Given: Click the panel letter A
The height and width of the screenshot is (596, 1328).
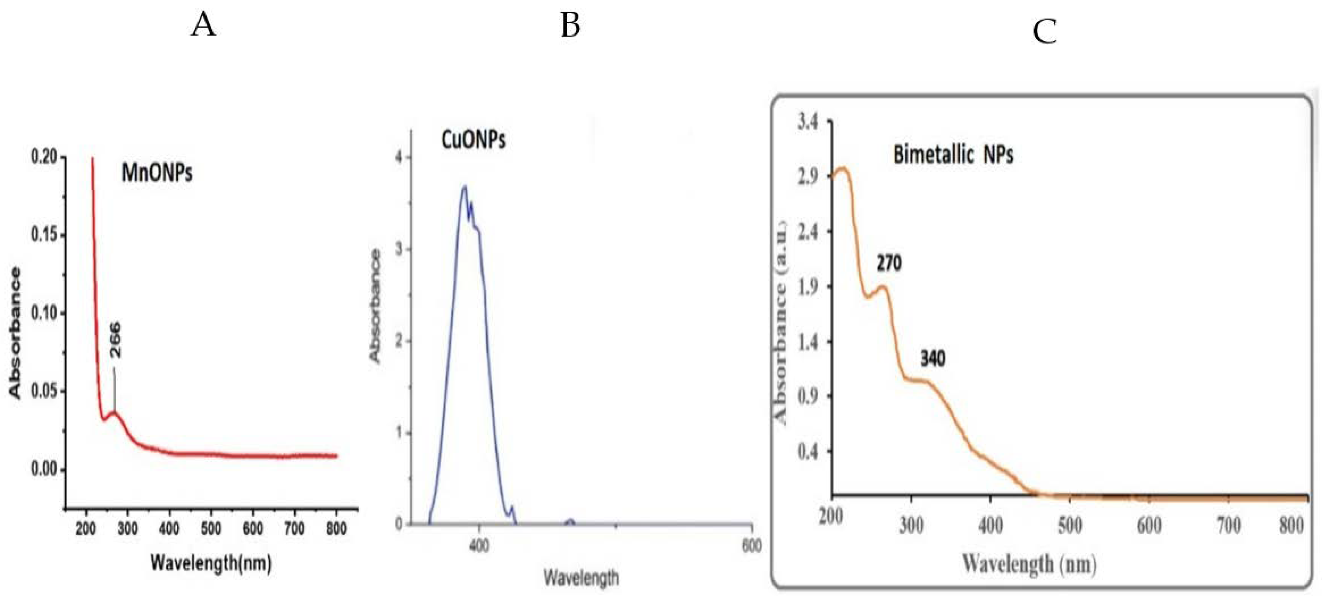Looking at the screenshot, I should [x=203, y=25].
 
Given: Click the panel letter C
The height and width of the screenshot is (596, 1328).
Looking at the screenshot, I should [x=1045, y=32].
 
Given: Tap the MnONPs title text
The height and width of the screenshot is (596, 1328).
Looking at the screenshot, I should [x=157, y=172].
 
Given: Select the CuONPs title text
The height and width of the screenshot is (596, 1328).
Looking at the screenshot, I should [x=473, y=140].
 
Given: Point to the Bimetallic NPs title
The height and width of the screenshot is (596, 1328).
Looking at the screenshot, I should [x=953, y=155].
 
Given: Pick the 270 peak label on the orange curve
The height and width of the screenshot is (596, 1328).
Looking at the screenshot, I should [x=889, y=264].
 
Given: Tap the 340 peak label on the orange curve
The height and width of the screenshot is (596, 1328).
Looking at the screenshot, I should [x=933, y=358].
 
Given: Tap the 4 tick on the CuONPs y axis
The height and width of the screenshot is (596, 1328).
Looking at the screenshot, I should [x=398, y=158].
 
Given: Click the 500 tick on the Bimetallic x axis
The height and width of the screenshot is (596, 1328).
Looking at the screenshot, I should [x=1070, y=526].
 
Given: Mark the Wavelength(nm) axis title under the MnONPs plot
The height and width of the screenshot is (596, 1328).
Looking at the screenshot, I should [x=211, y=563].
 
